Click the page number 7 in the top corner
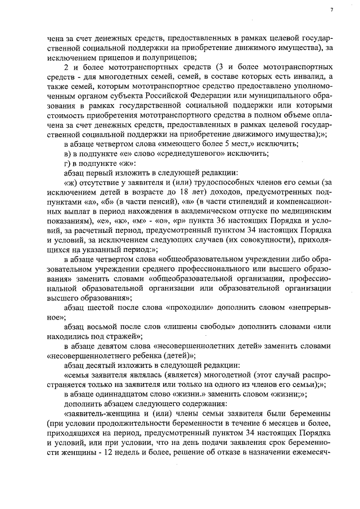pos(331,10)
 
